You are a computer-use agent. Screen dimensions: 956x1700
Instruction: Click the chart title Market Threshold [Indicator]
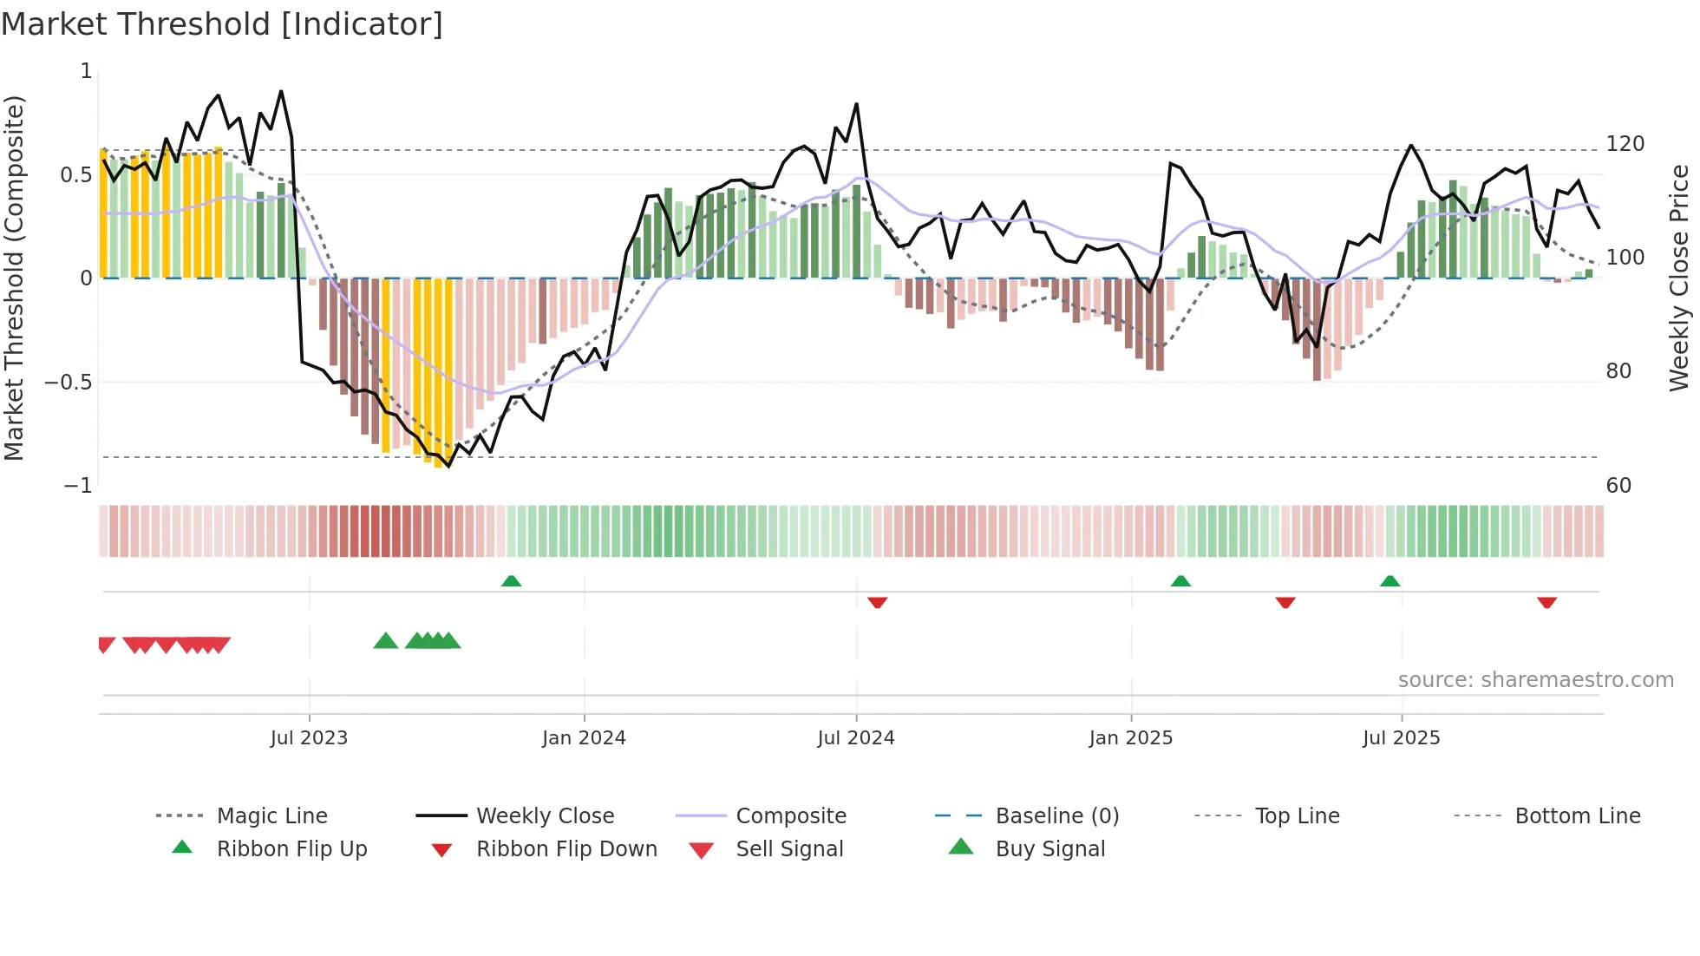click(222, 24)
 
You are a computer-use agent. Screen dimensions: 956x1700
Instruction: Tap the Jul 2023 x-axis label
click(309, 738)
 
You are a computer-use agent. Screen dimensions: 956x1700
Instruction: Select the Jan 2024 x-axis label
click(584, 738)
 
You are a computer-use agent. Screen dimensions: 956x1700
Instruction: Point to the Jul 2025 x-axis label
click(1401, 738)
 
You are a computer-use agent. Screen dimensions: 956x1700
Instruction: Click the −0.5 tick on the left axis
click(69, 383)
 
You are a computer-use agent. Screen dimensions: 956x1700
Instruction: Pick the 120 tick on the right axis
click(1625, 144)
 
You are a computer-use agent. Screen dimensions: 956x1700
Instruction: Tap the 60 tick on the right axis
click(1618, 486)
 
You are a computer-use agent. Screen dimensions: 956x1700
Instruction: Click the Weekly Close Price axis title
click(1680, 278)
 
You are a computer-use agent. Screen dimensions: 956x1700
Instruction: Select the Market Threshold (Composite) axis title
click(14, 278)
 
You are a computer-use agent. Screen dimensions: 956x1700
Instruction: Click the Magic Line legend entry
click(271, 816)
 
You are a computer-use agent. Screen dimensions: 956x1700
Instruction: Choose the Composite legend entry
click(790, 816)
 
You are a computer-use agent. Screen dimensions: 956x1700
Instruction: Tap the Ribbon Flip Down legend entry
click(566, 849)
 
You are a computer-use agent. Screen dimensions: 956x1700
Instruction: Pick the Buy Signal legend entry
click(1049, 849)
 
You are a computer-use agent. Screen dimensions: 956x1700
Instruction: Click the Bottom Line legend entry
click(1577, 816)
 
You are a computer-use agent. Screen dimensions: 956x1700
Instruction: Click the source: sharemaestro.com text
click(1535, 680)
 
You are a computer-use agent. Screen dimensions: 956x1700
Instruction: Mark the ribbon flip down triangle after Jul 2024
click(877, 602)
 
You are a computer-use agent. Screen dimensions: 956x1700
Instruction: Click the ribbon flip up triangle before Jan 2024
click(511, 581)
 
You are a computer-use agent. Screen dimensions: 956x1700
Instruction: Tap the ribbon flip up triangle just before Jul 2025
click(1389, 581)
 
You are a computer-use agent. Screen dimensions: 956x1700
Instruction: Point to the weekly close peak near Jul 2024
click(856, 104)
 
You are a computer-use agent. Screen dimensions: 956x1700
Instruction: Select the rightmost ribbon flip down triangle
click(1546, 602)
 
